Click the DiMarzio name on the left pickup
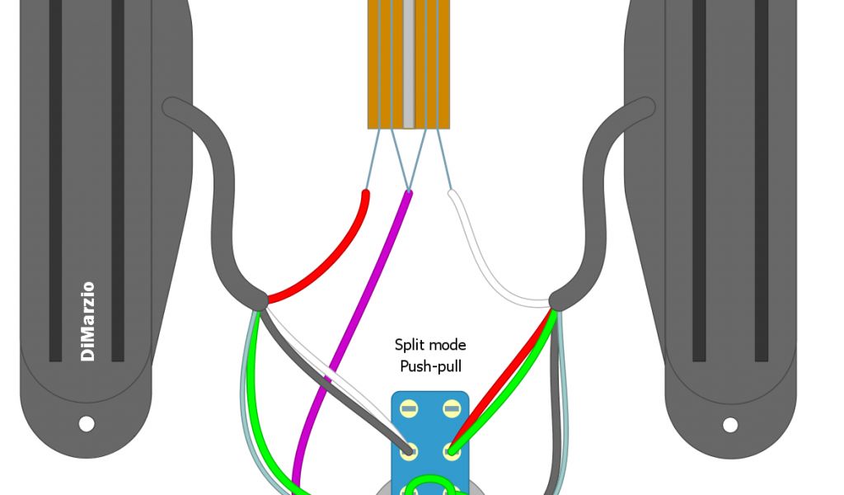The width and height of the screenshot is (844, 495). [x=87, y=322]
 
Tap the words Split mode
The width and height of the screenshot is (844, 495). [x=430, y=345]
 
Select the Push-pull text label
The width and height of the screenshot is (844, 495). [x=430, y=366]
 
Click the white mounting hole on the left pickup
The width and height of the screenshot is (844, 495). [x=87, y=424]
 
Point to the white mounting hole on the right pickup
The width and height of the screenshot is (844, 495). [x=730, y=425]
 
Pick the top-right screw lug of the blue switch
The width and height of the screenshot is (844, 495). [x=451, y=409]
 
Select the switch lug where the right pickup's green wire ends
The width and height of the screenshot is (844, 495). [x=451, y=450]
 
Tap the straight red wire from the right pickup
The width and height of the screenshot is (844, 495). [x=503, y=371]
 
